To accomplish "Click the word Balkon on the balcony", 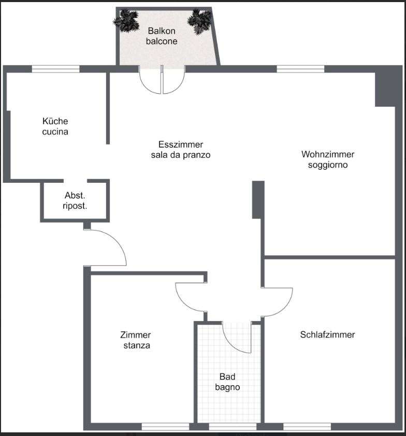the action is pyautogui.click(x=161, y=31).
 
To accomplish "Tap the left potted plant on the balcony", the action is pyautogui.click(x=126, y=20).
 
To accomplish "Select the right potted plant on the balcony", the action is pyautogui.click(x=200, y=21).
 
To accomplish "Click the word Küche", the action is pyautogui.click(x=55, y=121).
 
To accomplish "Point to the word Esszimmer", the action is pyautogui.click(x=181, y=144).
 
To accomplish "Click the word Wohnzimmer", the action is pyautogui.click(x=328, y=154).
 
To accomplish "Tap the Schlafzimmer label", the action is pyautogui.click(x=327, y=335).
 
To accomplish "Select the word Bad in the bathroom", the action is pyautogui.click(x=227, y=376).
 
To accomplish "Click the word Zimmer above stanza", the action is pyautogui.click(x=136, y=335).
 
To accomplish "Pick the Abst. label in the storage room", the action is pyautogui.click(x=75, y=195).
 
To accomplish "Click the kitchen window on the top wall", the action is pyautogui.click(x=55, y=69).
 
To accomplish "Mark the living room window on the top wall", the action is pyautogui.click(x=300, y=69).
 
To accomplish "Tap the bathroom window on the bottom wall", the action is pyautogui.click(x=233, y=427).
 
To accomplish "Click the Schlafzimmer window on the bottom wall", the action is pyautogui.click(x=307, y=427).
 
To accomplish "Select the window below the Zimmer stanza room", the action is pyautogui.click(x=166, y=427).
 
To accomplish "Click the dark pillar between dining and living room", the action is pyautogui.click(x=258, y=200).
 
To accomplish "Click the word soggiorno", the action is pyautogui.click(x=328, y=165).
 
